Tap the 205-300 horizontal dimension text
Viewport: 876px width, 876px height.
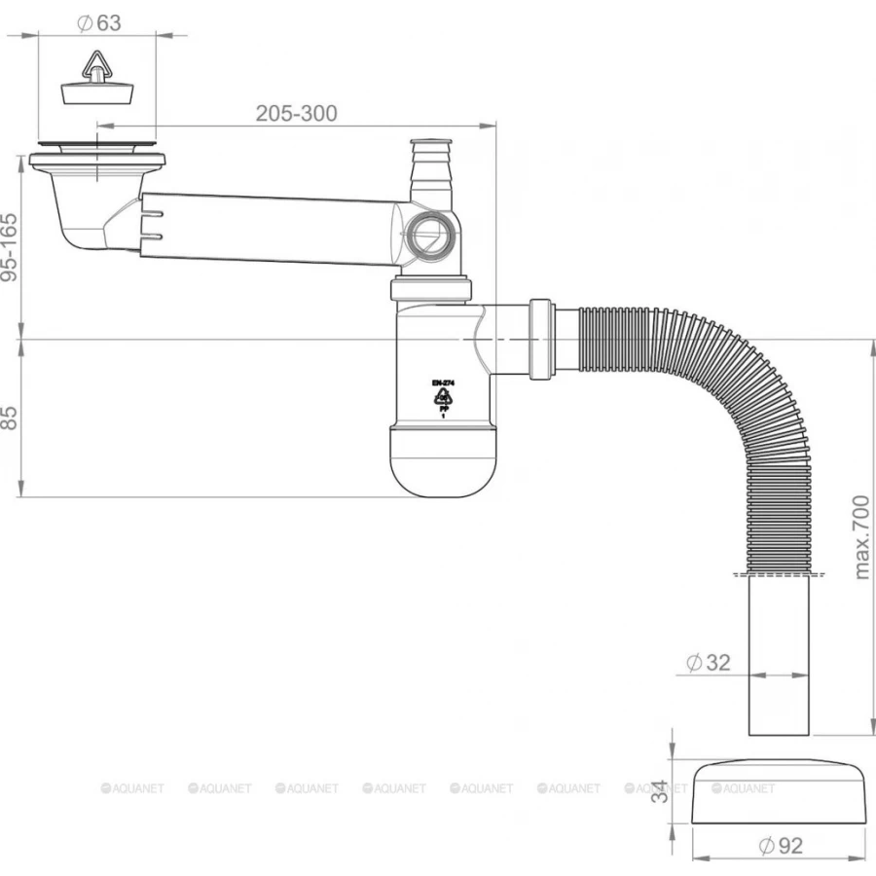coord(296,113)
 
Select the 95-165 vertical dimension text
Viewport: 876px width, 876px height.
coord(11,248)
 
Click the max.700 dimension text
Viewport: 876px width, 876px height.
coord(862,535)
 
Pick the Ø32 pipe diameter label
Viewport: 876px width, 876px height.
coord(708,663)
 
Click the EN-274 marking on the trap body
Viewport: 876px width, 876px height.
coord(444,384)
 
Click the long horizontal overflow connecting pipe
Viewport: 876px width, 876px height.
coord(273,229)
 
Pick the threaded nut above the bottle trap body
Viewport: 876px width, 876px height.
coord(431,290)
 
